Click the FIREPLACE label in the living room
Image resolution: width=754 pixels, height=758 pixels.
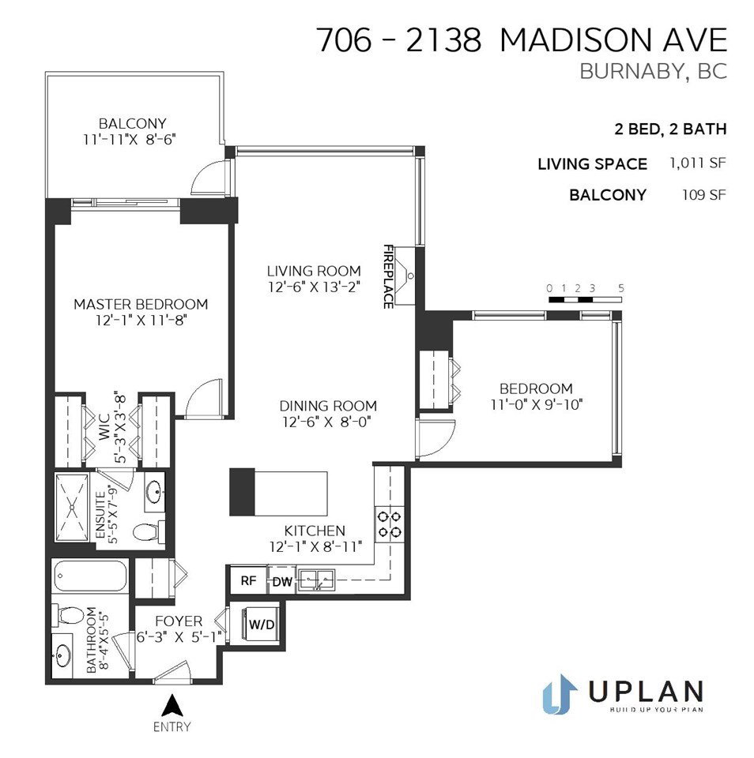point(387,276)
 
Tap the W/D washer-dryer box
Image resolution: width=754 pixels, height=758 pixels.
point(262,624)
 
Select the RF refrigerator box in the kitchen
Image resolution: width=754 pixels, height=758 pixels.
point(248,580)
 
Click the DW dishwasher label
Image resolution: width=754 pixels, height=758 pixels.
point(282,582)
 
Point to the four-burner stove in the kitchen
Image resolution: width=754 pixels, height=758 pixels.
point(390,524)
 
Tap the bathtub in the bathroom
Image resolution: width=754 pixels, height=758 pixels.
point(90,576)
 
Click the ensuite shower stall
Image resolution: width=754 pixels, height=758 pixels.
point(73,507)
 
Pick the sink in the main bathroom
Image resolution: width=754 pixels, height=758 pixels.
point(63,656)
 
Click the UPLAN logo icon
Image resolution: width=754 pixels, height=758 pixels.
point(560,694)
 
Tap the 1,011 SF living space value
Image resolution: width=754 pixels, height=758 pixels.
point(698,163)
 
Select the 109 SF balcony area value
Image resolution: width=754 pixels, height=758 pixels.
point(704,195)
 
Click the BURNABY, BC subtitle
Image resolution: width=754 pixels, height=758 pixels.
point(654,71)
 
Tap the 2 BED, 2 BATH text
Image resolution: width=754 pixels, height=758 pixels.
point(670,129)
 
